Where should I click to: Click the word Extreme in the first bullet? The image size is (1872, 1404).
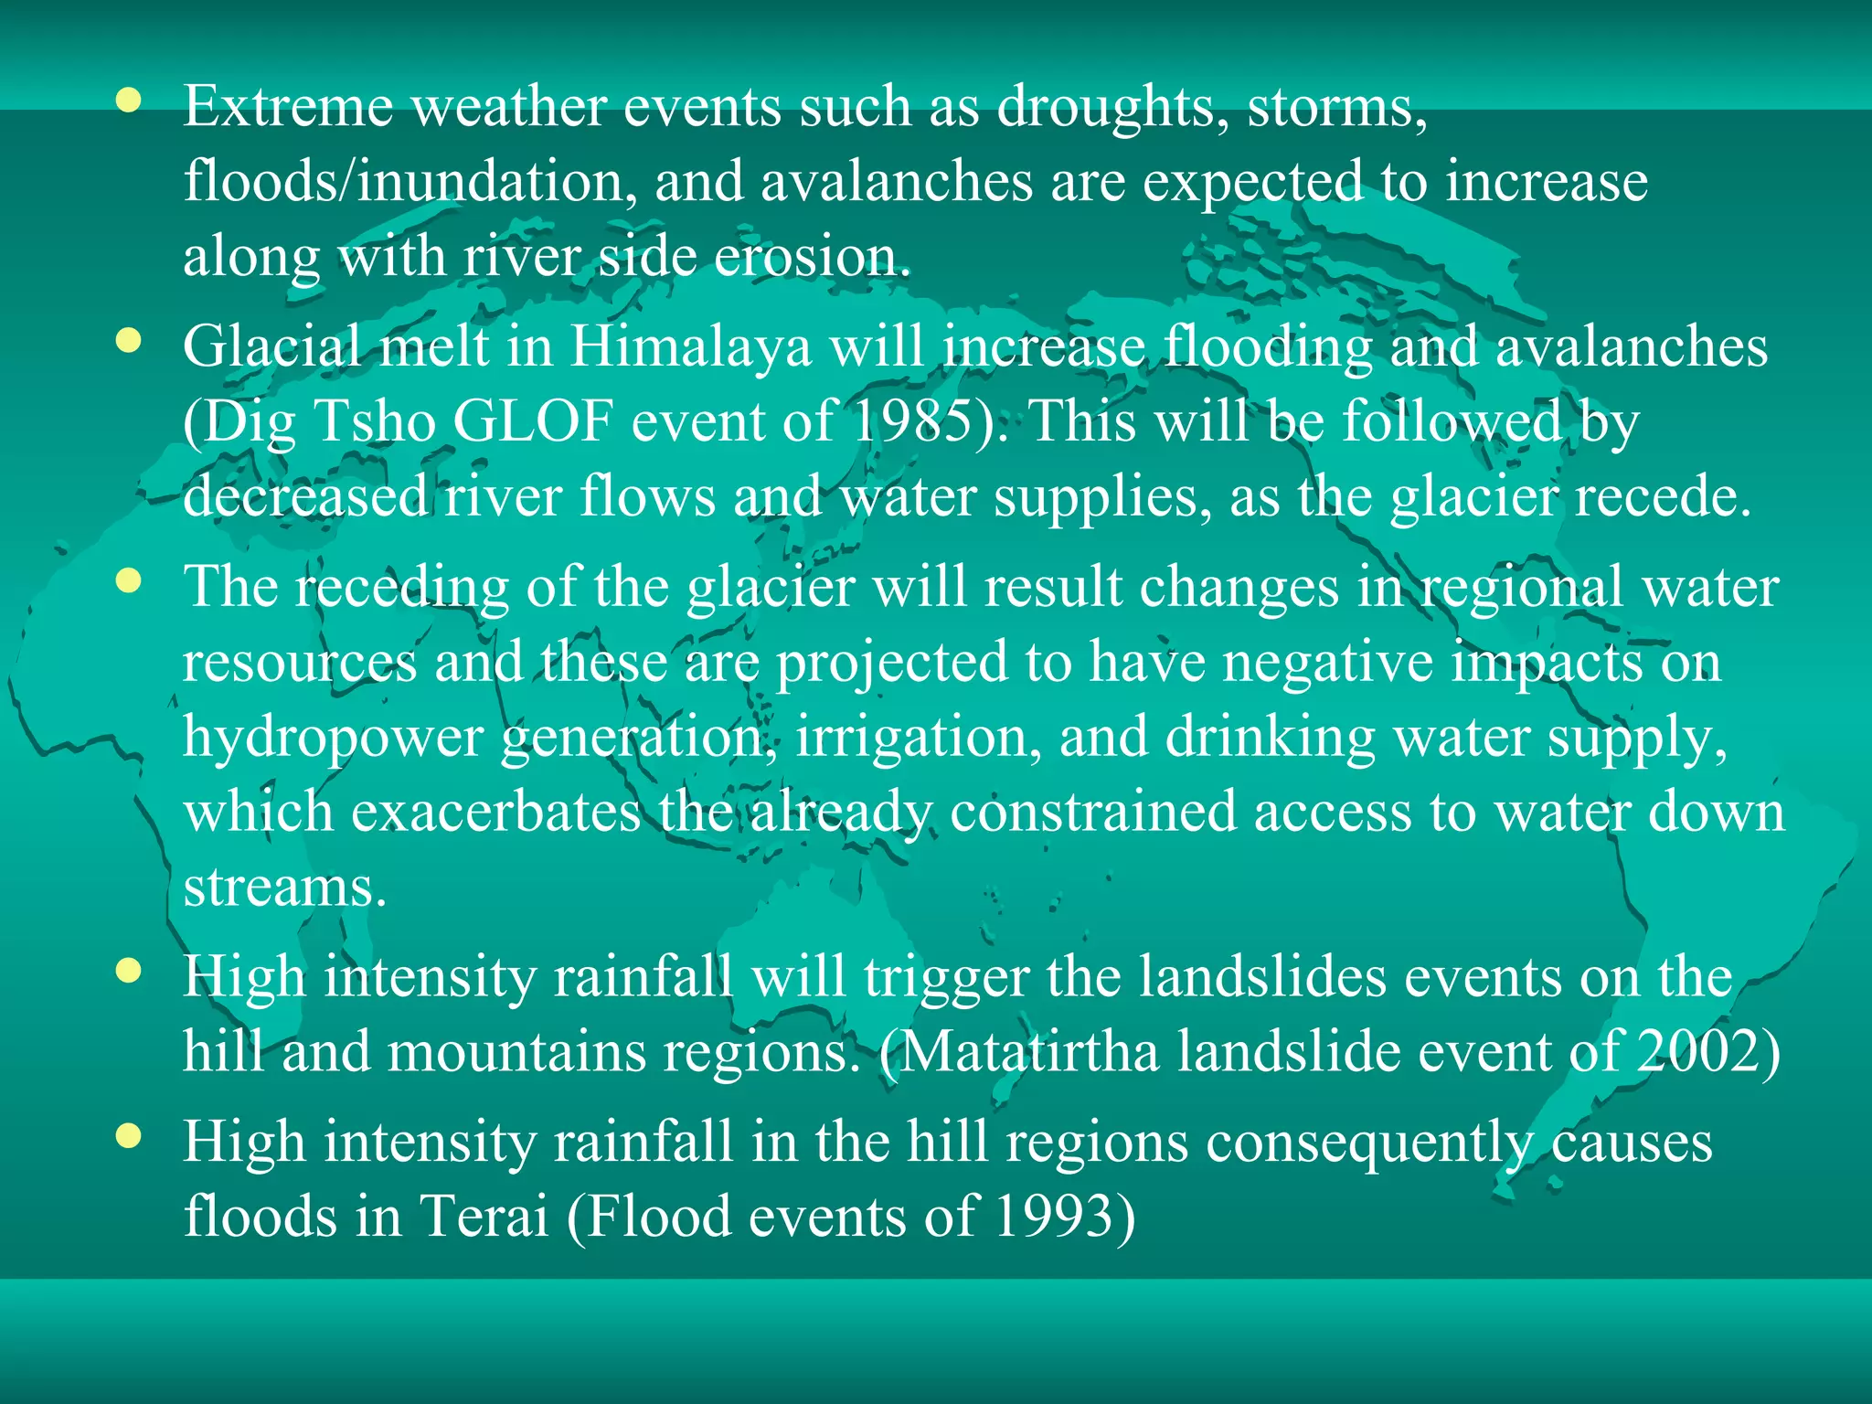(288, 107)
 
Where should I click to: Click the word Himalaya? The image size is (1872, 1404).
(691, 348)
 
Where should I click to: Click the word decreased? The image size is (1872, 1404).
(305, 497)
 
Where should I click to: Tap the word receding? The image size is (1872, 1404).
(401, 588)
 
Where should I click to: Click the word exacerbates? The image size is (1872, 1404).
(495, 812)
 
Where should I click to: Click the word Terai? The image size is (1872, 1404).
(484, 1218)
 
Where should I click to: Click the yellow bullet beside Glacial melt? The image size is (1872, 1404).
(129, 341)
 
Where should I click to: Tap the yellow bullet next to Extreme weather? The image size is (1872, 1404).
(129, 101)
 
